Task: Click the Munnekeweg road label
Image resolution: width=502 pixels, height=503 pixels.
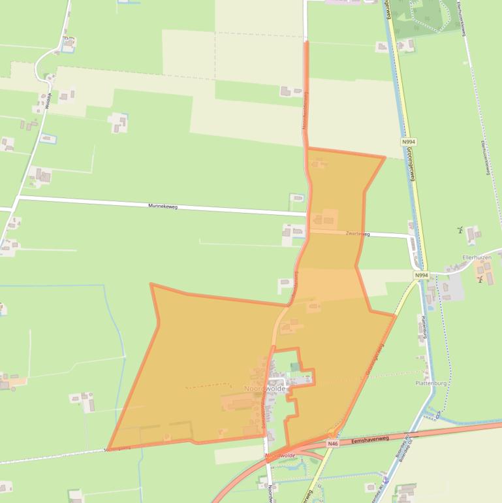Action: click(163, 206)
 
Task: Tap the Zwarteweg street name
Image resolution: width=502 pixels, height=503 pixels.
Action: click(358, 233)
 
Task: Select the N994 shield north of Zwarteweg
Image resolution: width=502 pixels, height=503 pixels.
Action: click(409, 141)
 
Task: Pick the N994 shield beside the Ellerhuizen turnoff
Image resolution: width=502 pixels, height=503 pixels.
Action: click(422, 275)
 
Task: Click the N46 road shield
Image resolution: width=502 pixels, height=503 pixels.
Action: click(333, 444)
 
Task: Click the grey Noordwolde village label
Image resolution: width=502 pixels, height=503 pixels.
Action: click(264, 388)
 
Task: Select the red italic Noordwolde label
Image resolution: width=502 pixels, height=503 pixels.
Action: click(281, 455)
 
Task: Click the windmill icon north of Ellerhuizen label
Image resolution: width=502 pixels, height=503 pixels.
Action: click(461, 229)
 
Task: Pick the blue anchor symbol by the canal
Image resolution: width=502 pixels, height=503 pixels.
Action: click(386, 480)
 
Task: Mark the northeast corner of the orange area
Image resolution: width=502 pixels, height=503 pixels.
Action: click(384, 157)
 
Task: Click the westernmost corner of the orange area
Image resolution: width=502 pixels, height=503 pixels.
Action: click(151, 284)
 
